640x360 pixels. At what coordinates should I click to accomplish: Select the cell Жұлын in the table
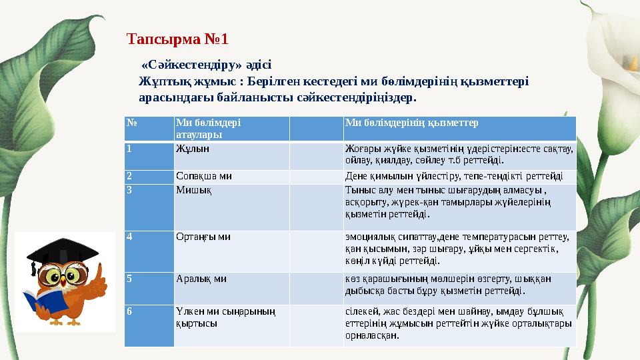coord(189,149)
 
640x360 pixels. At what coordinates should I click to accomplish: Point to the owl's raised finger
coord(98,274)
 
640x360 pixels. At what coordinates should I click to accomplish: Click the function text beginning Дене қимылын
coord(453,177)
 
